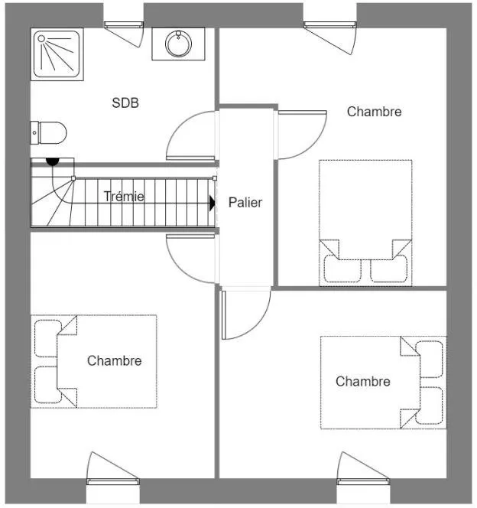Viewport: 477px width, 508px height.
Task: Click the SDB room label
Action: (125, 103)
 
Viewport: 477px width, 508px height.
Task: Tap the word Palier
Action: (245, 203)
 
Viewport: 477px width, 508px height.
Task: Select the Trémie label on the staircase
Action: (124, 197)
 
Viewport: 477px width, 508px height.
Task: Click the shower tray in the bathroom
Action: (57, 54)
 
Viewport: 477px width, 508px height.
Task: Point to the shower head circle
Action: (41, 38)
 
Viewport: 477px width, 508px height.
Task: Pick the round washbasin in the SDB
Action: (178, 44)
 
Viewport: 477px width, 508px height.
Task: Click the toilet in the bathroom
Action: (49, 133)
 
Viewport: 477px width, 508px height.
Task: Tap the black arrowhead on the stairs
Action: (213, 204)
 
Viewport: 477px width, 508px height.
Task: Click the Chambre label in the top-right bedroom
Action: (374, 112)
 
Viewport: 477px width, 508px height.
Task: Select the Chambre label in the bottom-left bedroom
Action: (114, 361)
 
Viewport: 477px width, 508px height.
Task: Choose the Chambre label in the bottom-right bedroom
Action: (363, 381)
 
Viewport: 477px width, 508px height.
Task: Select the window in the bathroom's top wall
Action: (124, 24)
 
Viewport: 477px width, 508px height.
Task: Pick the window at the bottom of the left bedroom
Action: (113, 481)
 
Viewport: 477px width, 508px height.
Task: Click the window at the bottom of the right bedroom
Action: (363, 481)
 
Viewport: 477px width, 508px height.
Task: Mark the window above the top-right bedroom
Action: (330, 24)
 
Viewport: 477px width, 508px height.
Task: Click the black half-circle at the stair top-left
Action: (53, 161)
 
